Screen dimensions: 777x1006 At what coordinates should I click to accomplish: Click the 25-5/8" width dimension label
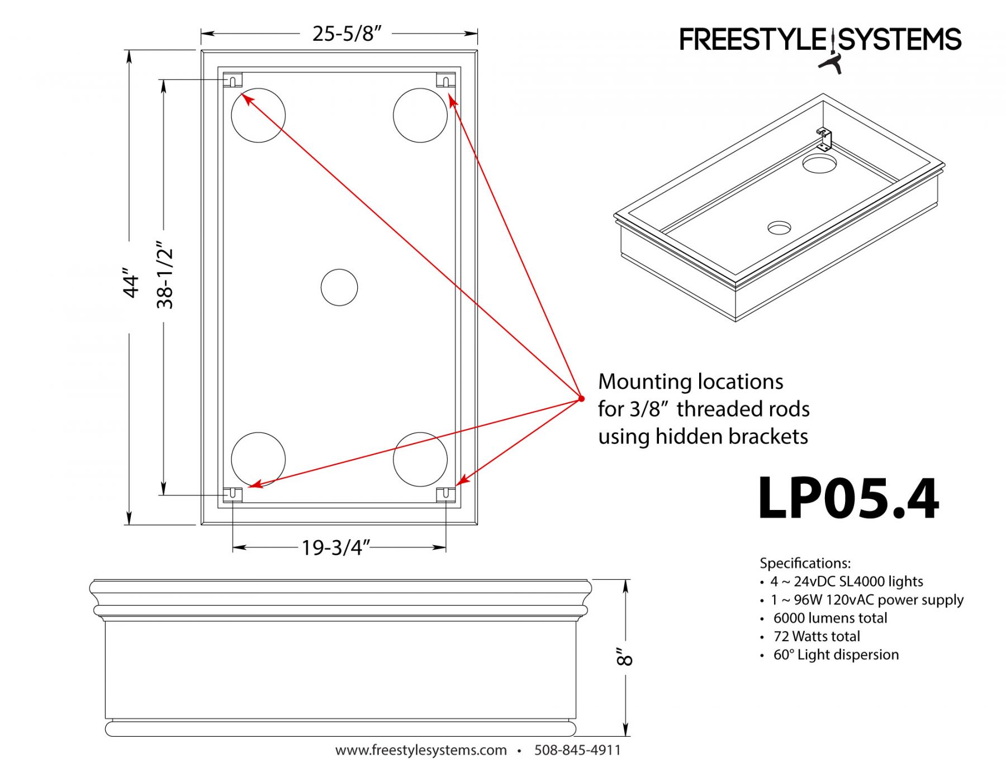pos(346,34)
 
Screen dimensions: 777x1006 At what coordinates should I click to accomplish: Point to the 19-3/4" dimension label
pos(336,547)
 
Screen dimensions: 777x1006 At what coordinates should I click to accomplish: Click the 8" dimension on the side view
pos(624,657)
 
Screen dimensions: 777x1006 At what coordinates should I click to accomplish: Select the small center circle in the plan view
pos(339,288)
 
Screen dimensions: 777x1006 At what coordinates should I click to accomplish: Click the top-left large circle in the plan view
pos(258,115)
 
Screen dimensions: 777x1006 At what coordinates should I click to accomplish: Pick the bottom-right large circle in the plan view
pos(420,459)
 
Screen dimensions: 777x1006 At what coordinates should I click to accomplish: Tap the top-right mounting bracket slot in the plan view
pos(445,81)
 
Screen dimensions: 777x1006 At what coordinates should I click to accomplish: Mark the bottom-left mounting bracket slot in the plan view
pos(232,494)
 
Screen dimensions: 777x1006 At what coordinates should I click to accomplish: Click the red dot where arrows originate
pos(581,398)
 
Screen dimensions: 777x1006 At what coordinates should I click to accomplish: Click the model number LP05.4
pos(848,498)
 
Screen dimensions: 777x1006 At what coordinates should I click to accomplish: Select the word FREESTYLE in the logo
pos(752,40)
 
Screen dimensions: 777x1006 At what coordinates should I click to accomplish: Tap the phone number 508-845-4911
pos(577,750)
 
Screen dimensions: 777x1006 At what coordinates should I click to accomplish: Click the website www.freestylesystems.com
pos(421,750)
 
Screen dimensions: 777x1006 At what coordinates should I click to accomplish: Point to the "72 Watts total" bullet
pos(816,636)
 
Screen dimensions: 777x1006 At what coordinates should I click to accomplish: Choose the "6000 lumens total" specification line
pos(830,618)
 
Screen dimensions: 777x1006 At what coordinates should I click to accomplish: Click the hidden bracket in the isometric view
pos(824,139)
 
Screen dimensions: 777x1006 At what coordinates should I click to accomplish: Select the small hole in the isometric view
pos(779,228)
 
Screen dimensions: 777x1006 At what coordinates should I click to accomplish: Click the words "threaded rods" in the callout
pos(743,409)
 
